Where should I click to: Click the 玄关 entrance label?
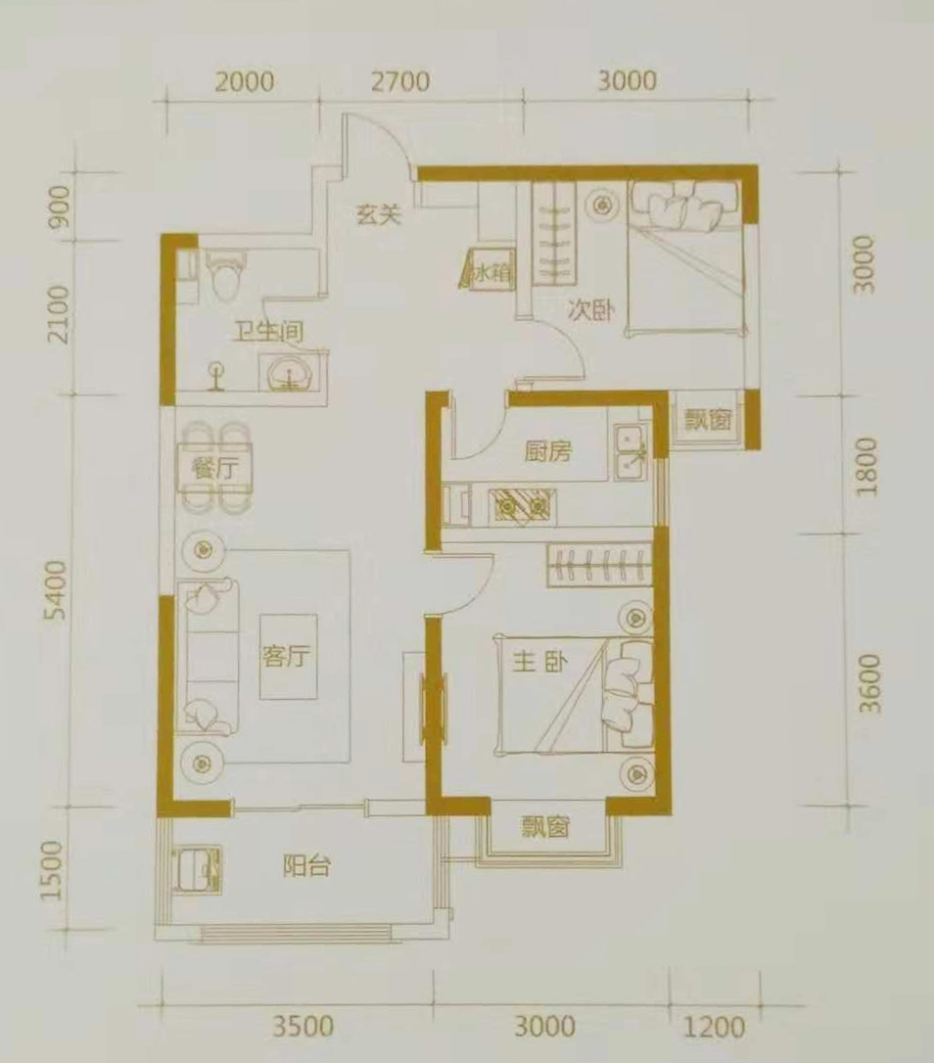379,215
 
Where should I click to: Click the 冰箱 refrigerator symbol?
487,270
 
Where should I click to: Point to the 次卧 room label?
590,311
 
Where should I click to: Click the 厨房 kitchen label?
548,451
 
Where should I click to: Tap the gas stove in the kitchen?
522,506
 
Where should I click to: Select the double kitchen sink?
631,452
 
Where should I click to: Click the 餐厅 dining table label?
214,469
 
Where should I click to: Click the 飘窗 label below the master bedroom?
545,826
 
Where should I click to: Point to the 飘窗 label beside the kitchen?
707,420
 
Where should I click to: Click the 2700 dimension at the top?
400,81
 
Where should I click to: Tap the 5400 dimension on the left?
59,590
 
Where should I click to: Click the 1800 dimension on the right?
866,467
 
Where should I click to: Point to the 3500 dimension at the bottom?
304,1027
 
